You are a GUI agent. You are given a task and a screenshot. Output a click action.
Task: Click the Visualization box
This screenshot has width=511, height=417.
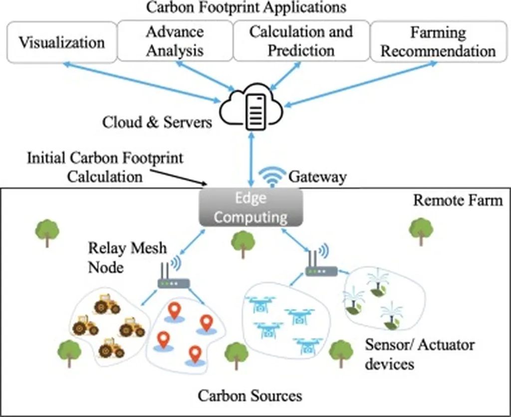click(61, 41)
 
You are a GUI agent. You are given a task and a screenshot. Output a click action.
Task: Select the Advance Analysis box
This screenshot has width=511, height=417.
click(175, 41)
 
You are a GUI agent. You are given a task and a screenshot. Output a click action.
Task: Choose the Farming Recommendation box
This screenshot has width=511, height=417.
click(438, 41)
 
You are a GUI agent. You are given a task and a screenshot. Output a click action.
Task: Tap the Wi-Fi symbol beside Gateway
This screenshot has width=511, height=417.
click(272, 175)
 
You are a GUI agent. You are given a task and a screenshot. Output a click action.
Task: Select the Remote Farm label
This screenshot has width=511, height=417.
click(458, 201)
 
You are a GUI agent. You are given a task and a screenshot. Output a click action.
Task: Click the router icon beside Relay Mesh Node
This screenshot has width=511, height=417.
click(173, 276)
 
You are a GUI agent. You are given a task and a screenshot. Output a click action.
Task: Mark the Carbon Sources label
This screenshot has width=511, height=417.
click(250, 396)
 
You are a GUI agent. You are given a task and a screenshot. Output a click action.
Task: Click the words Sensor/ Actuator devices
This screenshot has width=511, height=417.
click(420, 354)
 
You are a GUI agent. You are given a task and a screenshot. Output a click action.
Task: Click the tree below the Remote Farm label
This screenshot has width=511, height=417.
click(421, 231)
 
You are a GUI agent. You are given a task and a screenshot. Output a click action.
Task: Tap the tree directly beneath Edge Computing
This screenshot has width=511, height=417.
click(243, 243)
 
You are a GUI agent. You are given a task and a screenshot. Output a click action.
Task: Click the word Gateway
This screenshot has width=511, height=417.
click(317, 177)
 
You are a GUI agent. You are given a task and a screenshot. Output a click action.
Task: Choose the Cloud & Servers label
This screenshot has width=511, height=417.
click(157, 123)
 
